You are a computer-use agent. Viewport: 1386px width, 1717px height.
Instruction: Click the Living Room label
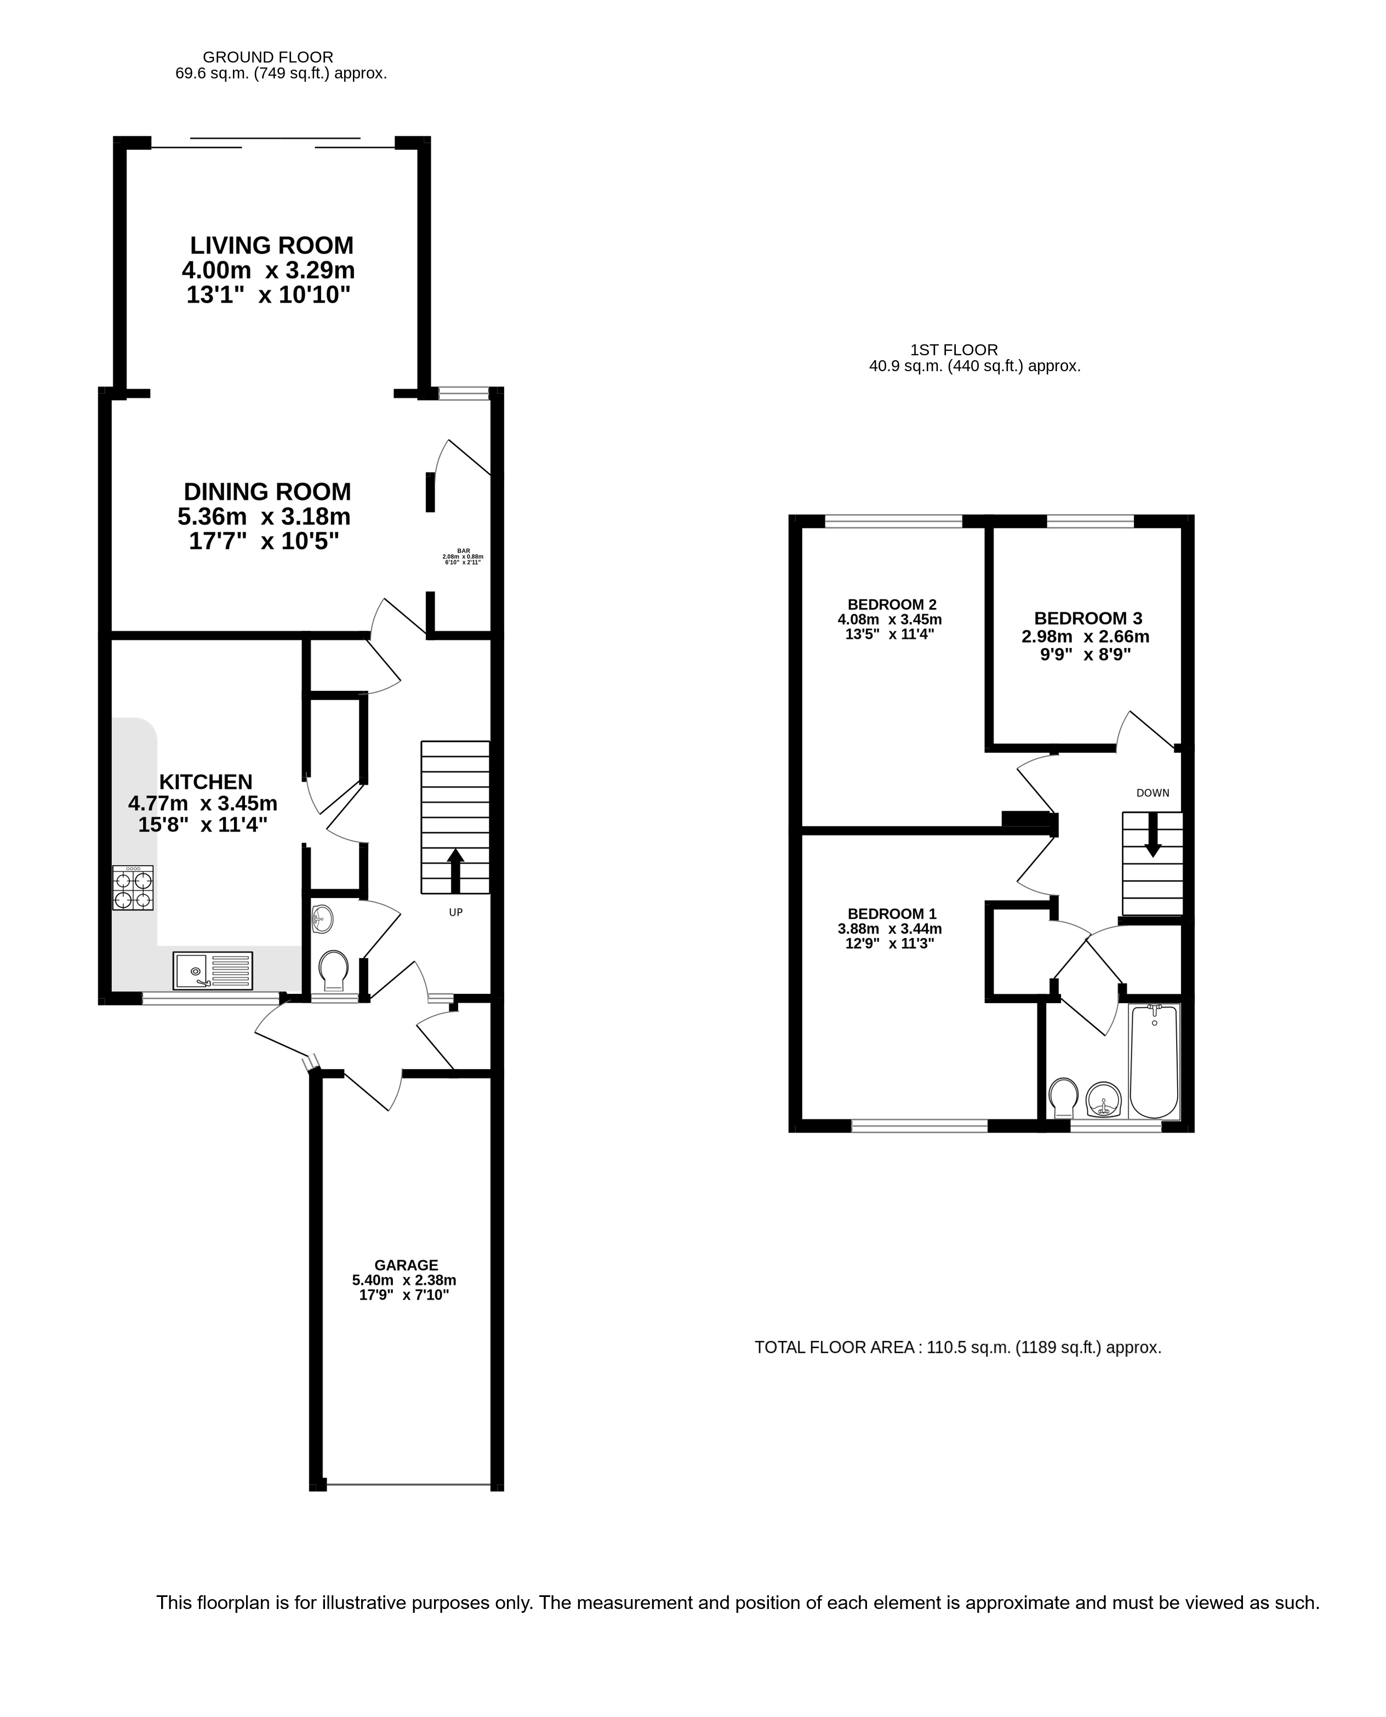click(x=271, y=245)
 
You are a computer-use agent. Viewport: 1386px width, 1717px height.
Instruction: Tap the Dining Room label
click(x=267, y=491)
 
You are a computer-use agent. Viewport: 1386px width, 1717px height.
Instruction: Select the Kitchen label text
click(x=206, y=782)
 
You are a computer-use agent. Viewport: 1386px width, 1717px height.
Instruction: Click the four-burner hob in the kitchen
click(x=133, y=888)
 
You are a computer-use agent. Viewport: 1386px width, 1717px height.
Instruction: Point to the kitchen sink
click(x=213, y=970)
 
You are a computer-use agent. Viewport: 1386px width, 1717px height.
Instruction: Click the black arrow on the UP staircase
click(x=455, y=871)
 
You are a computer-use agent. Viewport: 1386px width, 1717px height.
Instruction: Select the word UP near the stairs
click(x=456, y=912)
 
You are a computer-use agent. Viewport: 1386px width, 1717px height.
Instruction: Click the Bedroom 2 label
click(x=892, y=605)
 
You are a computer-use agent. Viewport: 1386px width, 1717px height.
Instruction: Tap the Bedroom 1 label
click(x=892, y=914)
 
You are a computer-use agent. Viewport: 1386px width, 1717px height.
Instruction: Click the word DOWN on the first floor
click(x=1153, y=793)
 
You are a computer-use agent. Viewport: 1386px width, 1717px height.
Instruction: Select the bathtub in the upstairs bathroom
click(x=1155, y=1061)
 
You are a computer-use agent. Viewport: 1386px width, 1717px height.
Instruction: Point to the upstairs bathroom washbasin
click(x=1105, y=1100)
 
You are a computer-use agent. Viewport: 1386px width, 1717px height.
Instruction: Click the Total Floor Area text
click(x=957, y=1348)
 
